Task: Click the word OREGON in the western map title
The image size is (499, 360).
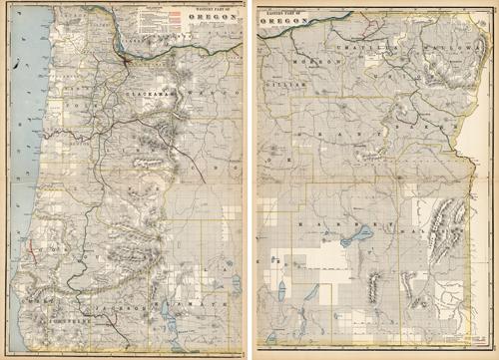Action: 211,17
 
